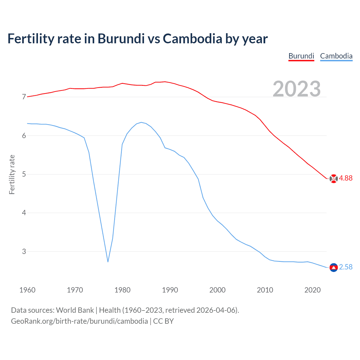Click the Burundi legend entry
pyautogui.click(x=301, y=56)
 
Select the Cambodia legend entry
pyautogui.click(x=336, y=56)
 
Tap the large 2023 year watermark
pyautogui.click(x=297, y=89)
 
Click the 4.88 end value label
pyautogui.click(x=346, y=178)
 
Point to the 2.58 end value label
pyautogui.click(x=346, y=267)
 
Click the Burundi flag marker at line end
pyautogui.click(x=334, y=179)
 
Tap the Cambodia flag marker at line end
pyautogui.click(x=334, y=267)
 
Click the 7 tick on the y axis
pyautogui.click(x=24, y=97)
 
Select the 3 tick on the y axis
pyautogui.click(x=24, y=251)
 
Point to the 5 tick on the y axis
pyautogui.click(x=24, y=174)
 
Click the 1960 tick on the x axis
pyautogui.click(x=27, y=290)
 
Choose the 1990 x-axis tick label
pyautogui.click(x=170, y=290)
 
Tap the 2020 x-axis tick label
pyautogui.click(x=312, y=290)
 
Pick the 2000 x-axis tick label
pyautogui.click(x=217, y=290)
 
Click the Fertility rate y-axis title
pyautogui.click(x=12, y=174)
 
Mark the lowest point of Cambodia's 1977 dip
pyautogui.click(x=108, y=262)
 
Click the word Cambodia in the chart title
pyautogui.click(x=192, y=39)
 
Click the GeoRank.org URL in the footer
pyautogui.click(x=79, y=321)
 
